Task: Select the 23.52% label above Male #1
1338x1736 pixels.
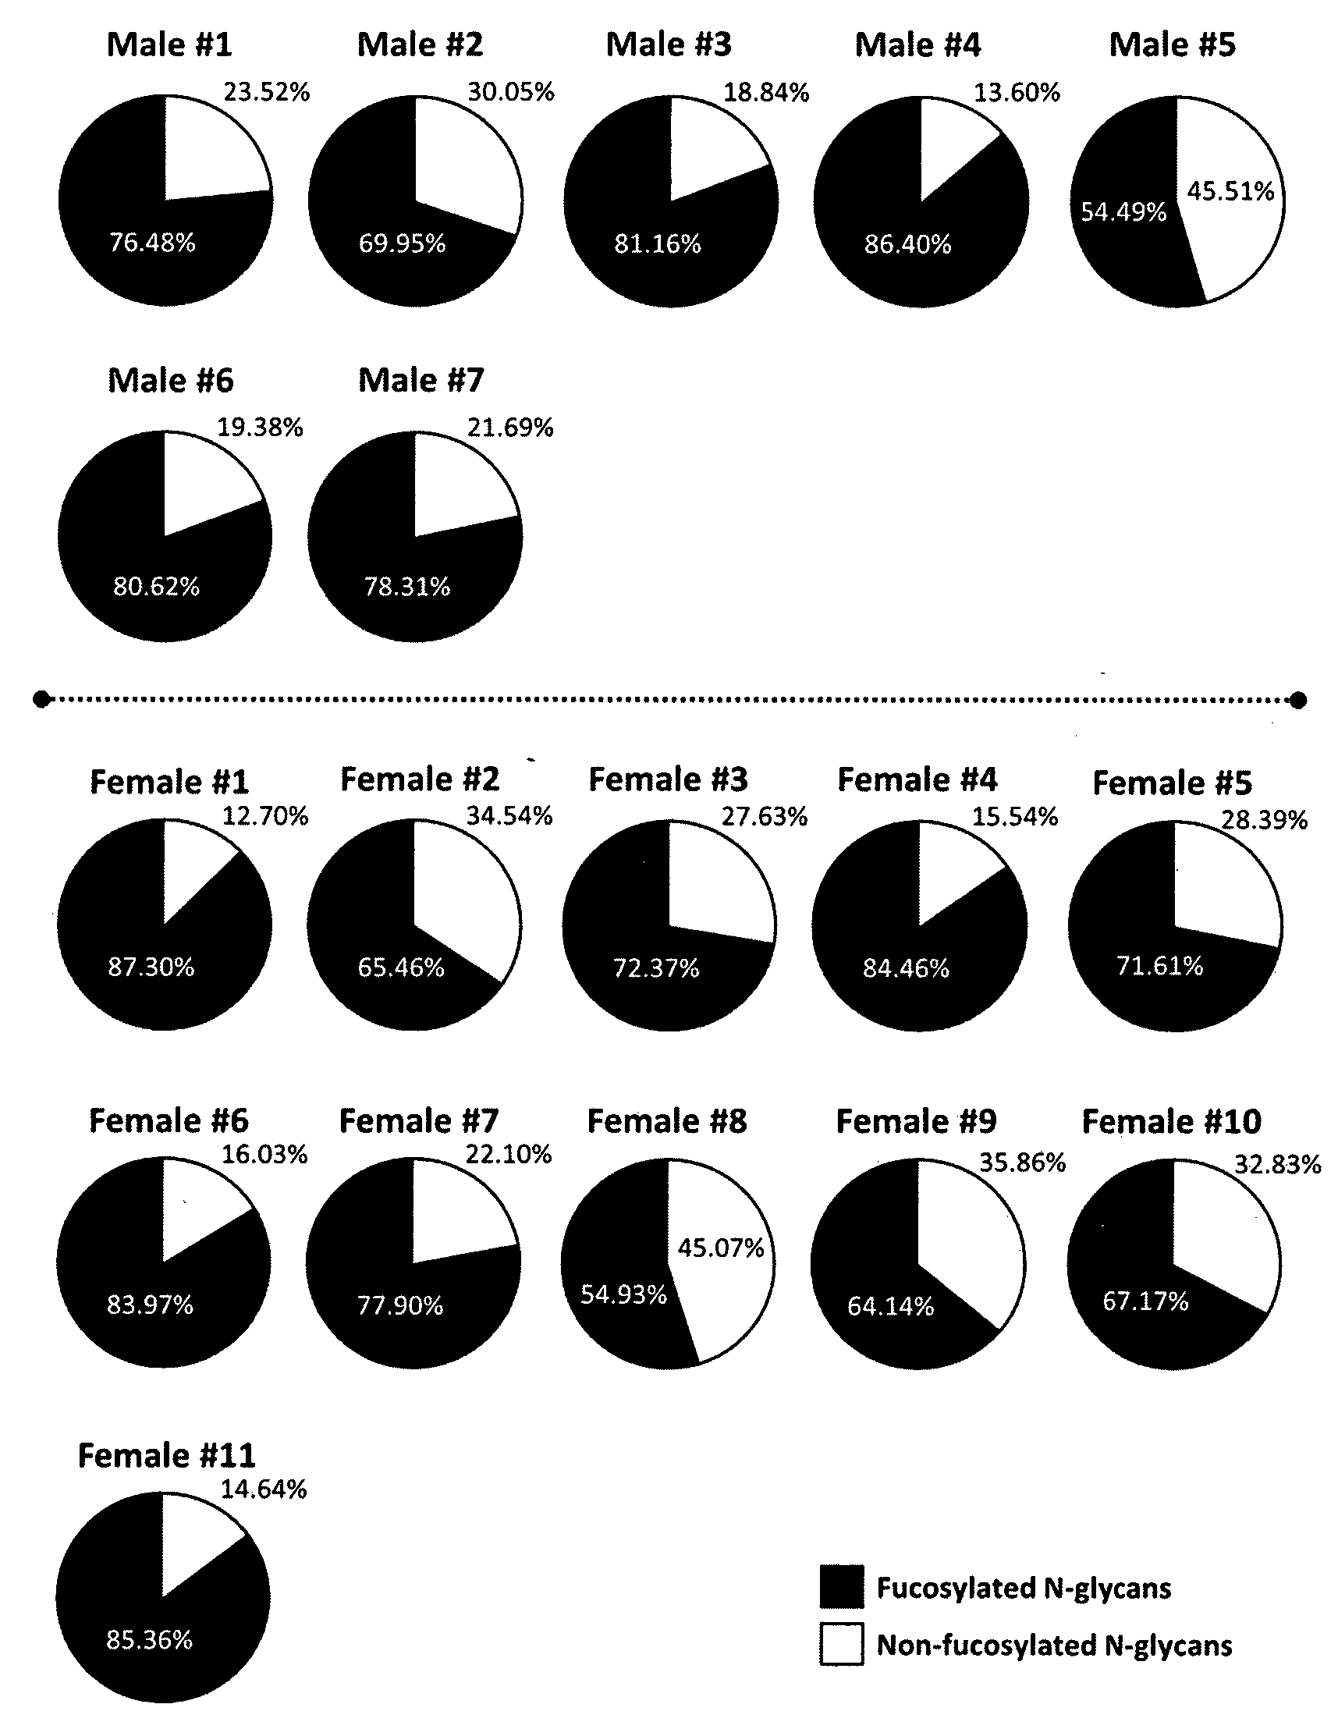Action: coord(266,92)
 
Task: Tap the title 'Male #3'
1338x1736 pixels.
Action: coord(669,44)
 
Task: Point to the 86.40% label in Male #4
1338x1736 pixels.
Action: coord(908,244)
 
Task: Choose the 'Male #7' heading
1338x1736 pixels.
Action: coord(421,380)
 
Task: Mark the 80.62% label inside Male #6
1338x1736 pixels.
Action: coord(157,587)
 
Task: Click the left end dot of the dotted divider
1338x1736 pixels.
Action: coord(41,699)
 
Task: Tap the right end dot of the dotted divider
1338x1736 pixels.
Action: coord(1298,700)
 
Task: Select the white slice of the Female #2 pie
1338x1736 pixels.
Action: coord(469,894)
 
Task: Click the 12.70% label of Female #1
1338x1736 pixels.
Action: coord(265,816)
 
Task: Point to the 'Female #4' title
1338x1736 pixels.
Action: coord(917,779)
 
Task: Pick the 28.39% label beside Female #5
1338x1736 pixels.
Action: coord(1264,819)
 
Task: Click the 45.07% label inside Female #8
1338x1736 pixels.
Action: coord(721,1248)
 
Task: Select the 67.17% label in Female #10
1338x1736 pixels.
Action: coord(1145,1301)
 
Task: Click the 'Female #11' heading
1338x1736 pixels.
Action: coord(167,1456)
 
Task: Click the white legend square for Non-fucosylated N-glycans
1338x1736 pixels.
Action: coord(842,1644)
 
